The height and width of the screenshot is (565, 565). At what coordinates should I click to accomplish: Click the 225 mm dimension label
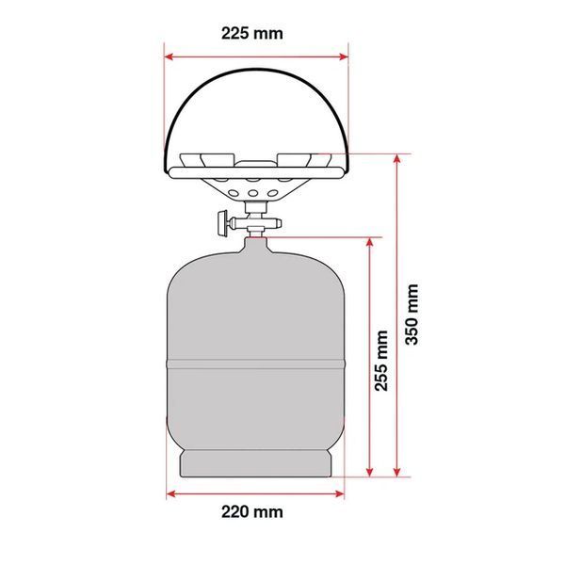(x=251, y=34)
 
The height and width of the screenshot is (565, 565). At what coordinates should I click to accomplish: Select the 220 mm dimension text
(x=251, y=511)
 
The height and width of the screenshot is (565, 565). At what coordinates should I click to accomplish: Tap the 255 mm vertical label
(x=381, y=361)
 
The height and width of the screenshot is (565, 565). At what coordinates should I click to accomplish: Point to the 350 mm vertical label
(x=412, y=315)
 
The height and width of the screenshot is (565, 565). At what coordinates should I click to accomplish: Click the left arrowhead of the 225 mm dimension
(x=169, y=56)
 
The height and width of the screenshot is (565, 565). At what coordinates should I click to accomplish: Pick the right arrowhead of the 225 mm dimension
(x=344, y=56)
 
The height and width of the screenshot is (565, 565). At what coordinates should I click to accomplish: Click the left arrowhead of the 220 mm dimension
(x=171, y=493)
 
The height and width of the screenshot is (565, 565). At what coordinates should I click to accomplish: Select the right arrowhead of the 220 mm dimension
(x=339, y=493)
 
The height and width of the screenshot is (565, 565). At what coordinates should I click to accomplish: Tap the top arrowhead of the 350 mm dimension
(x=396, y=159)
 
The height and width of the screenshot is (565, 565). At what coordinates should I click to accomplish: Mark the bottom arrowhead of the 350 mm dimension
(x=396, y=472)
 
